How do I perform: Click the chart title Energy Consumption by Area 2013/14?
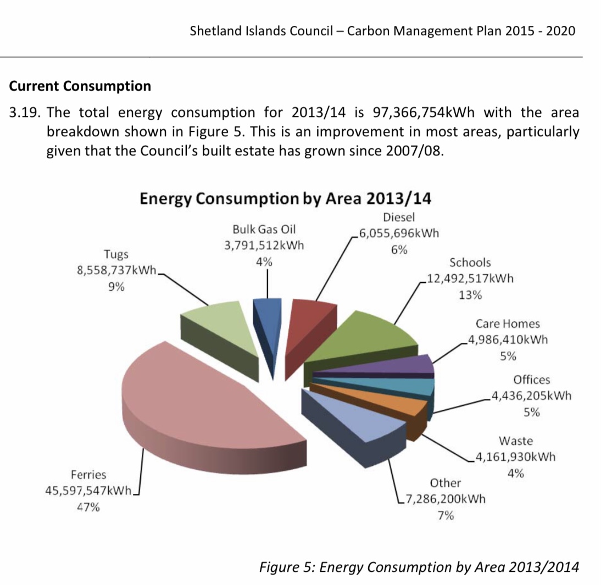point(286,198)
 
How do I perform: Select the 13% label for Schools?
point(470,295)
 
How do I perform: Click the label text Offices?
point(531,380)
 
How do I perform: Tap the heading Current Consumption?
point(80,86)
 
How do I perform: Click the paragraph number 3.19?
point(26,113)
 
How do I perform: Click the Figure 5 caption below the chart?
point(419,566)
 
